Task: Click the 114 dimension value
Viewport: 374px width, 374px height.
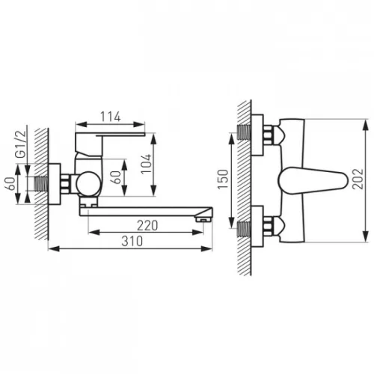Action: click(x=110, y=117)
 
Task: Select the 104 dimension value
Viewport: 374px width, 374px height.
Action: click(x=146, y=164)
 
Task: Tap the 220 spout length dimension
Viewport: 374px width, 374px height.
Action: click(x=147, y=226)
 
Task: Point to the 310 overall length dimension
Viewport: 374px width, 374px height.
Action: click(x=132, y=241)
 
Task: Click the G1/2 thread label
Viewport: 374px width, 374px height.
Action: click(x=20, y=144)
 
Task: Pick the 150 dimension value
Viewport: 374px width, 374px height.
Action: click(x=223, y=180)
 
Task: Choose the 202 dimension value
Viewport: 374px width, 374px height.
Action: click(x=358, y=179)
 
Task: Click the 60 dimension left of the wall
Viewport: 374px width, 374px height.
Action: click(x=10, y=183)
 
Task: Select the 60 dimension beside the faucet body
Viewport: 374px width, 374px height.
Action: click(x=116, y=177)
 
